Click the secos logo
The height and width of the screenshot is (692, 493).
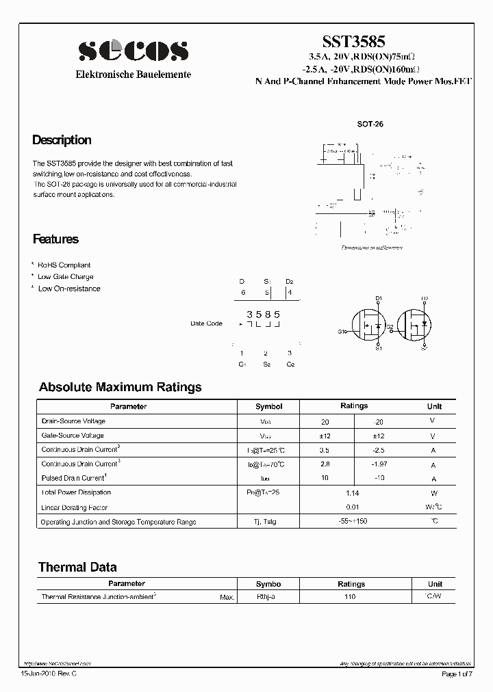pos(133,50)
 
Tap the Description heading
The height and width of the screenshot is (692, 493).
pos(62,140)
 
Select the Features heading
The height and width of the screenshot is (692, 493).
pos(55,239)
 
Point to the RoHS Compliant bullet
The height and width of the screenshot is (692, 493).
pos(64,265)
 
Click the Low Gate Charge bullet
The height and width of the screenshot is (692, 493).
pos(65,277)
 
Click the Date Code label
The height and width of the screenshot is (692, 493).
pos(206,323)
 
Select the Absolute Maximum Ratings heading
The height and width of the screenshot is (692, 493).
pos(120,387)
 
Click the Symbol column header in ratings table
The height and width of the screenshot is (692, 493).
pos(268,406)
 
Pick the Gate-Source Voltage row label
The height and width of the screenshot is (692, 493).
pos(73,436)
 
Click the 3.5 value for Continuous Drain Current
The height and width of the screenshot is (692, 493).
pos(325,450)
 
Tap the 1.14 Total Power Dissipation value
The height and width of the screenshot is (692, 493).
pos(353,492)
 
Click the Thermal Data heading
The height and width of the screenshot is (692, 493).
pos(77,567)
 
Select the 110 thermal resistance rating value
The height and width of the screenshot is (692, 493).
pos(351,597)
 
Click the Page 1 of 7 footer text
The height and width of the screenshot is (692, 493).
pos(458,675)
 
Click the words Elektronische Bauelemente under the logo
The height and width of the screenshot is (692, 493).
pos(133,75)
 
